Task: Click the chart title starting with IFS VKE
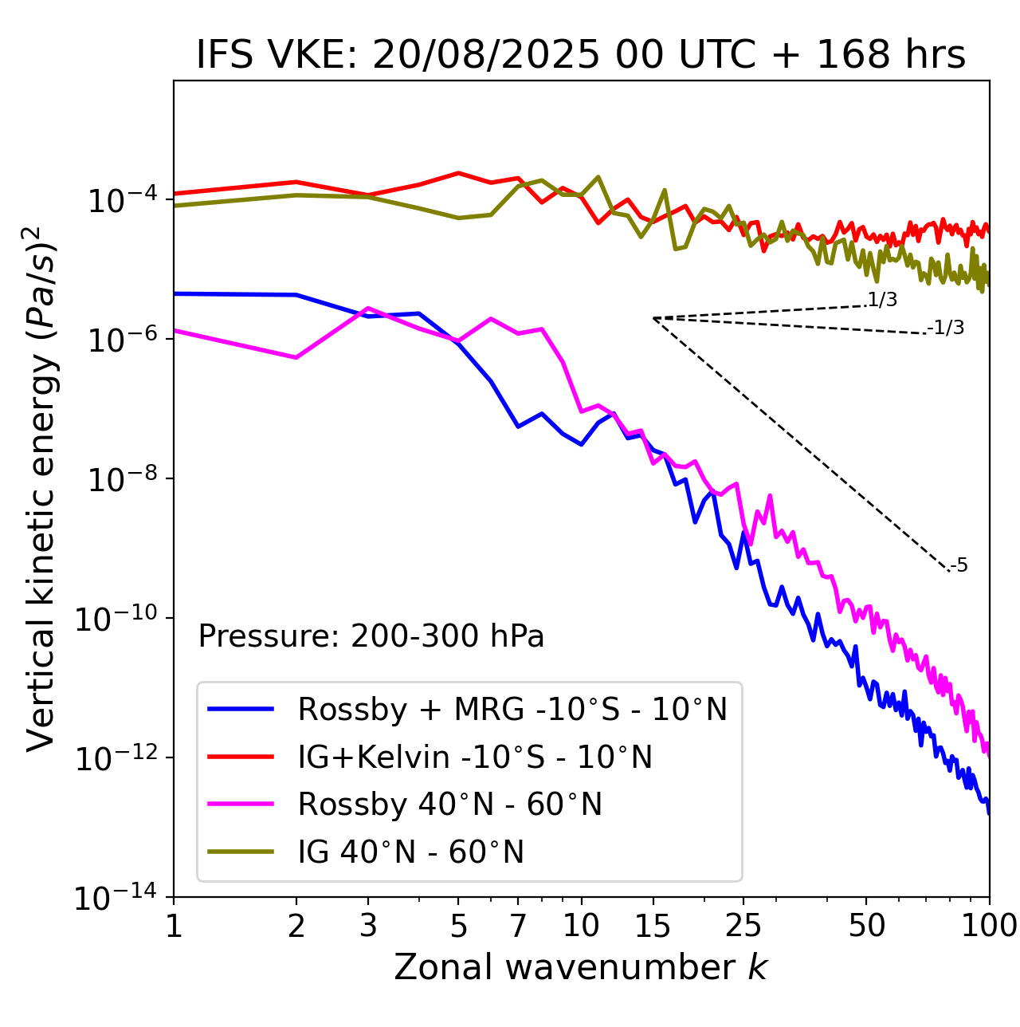coord(581,56)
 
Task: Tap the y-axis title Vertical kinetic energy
coord(41,489)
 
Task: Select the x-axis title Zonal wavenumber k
coord(581,967)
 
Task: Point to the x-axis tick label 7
coord(518,926)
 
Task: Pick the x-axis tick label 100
coord(989,926)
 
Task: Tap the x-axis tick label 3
coord(368,926)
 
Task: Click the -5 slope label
coord(959,566)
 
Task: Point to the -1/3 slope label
coord(947,328)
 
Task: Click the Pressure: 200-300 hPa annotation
coord(371,637)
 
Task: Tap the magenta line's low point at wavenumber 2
coord(296,357)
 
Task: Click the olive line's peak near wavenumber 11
coord(598,177)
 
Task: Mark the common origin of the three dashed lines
coord(653,318)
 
